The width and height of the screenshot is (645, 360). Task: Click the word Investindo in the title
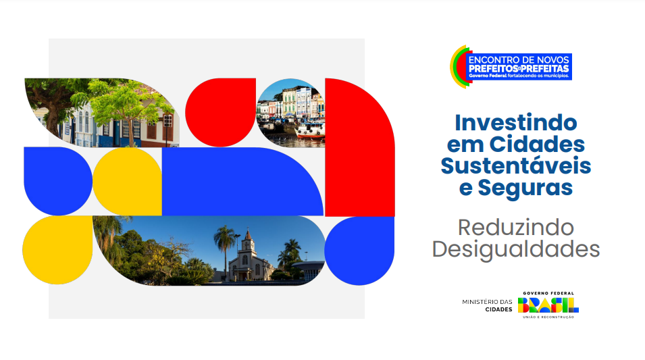(516, 123)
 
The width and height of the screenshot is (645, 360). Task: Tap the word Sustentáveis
(516, 165)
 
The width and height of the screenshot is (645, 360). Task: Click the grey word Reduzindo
(516, 227)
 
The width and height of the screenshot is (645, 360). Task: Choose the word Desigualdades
(516, 249)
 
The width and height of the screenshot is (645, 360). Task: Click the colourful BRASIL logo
(548, 305)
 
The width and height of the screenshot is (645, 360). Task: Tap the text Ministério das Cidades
(487, 305)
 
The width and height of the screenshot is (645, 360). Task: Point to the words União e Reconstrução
(548, 317)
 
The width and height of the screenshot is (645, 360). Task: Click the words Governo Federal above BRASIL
(548, 293)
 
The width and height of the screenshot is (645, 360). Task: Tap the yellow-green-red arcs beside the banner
(458, 67)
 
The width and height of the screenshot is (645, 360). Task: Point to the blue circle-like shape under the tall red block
(359, 250)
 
